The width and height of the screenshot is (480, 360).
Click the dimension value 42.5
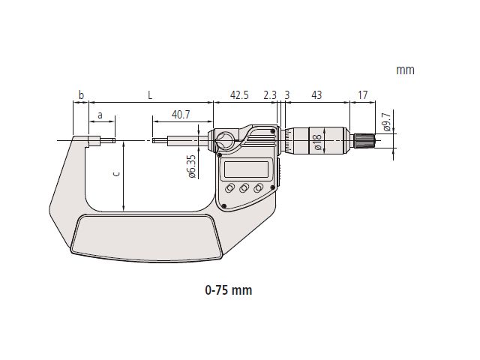pos(239,95)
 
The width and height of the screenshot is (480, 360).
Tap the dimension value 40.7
pos(181,115)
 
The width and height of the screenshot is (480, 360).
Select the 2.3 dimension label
pos(270,95)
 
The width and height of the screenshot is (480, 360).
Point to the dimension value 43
pos(316,95)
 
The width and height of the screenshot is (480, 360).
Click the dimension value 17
pos(362,95)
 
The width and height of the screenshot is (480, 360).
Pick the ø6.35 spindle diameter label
pos(192,166)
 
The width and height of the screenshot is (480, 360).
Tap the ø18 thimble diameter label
pos(318,142)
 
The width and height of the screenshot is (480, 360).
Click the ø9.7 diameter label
pos(387,121)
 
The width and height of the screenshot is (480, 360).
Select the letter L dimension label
pos(150,95)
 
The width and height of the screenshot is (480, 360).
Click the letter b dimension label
pos(81,95)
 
